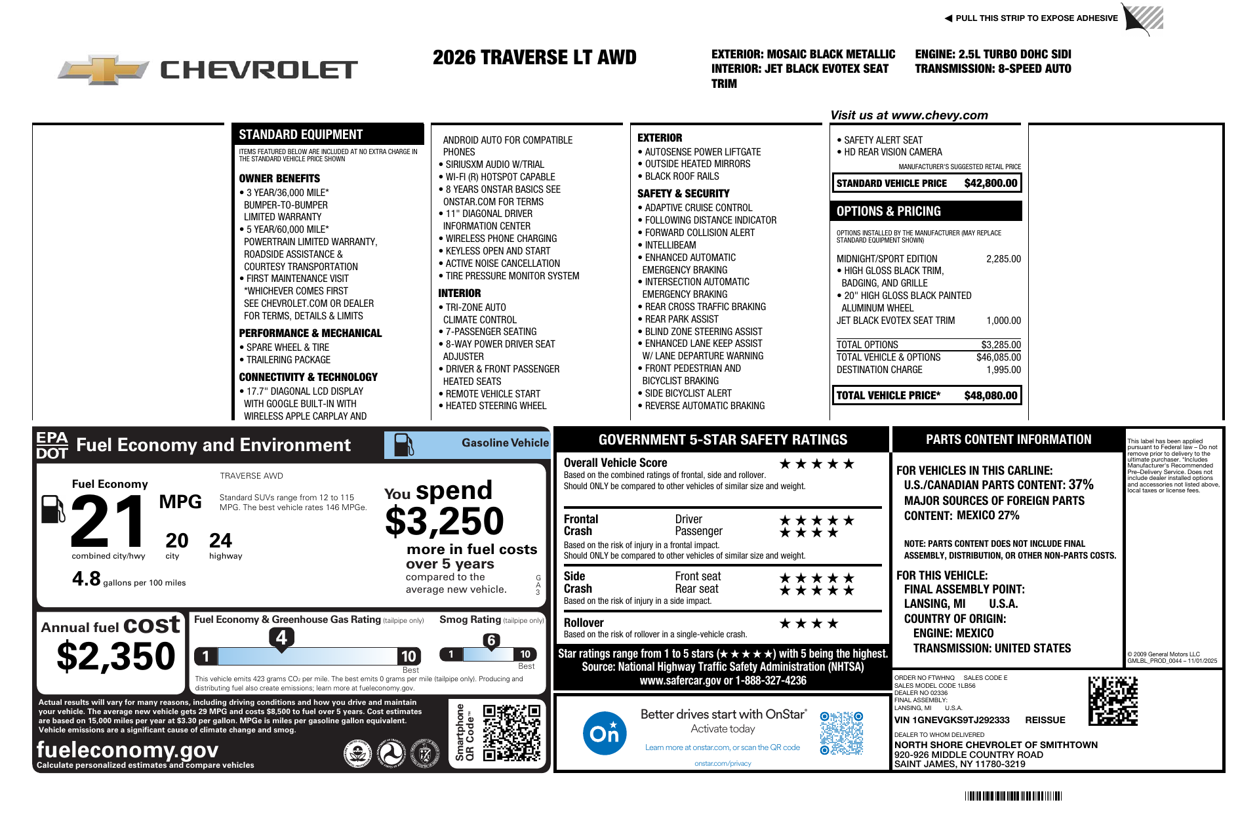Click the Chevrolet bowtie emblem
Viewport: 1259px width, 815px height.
tap(104, 70)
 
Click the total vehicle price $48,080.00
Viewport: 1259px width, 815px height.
tap(990, 395)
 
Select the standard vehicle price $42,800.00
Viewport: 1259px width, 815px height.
tap(990, 184)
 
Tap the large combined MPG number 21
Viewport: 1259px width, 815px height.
tap(108, 521)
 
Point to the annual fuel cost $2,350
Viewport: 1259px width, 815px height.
tap(116, 656)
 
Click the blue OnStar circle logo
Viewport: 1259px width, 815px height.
tap(604, 733)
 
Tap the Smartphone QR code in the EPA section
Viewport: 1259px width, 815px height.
tap(511, 732)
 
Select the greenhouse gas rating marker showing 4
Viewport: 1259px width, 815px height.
tap(281, 637)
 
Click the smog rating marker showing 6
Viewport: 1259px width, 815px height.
tap(491, 641)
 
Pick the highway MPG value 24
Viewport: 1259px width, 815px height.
tap(220, 541)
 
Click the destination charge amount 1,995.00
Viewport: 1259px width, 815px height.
tap(1003, 370)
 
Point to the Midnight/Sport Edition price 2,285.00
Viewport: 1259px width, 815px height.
tap(1003, 259)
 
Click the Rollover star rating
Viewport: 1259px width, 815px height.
tap(809, 624)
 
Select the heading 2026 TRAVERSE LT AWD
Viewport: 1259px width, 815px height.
tap(534, 58)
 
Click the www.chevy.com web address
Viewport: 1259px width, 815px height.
tap(940, 115)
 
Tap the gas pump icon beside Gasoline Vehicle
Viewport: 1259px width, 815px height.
tap(403, 445)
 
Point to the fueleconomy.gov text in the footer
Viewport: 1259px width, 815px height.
tap(128, 749)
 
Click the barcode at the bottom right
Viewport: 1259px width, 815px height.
tap(1013, 796)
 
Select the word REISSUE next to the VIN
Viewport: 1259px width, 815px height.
tap(1045, 720)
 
